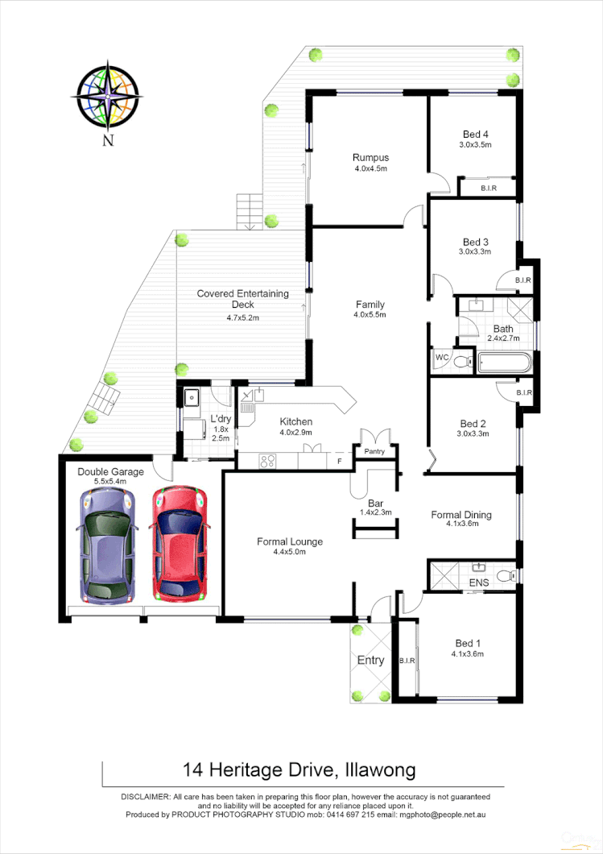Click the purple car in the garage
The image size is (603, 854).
[106, 546]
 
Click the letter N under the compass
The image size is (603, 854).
[107, 141]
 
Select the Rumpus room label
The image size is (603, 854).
[370, 158]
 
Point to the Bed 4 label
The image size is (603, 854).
[475, 135]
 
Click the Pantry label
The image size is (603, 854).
[375, 452]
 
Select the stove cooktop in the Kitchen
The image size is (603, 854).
[268, 462]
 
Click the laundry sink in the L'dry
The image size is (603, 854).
[192, 397]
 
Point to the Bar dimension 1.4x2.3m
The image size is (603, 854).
[375, 512]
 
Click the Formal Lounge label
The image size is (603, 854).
[290, 541]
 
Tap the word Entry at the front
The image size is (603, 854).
[370, 661]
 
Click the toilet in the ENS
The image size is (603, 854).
[504, 575]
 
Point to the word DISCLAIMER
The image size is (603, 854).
[145, 796]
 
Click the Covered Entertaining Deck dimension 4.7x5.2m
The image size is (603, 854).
[242, 318]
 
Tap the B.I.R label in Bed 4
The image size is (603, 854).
[488, 189]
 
